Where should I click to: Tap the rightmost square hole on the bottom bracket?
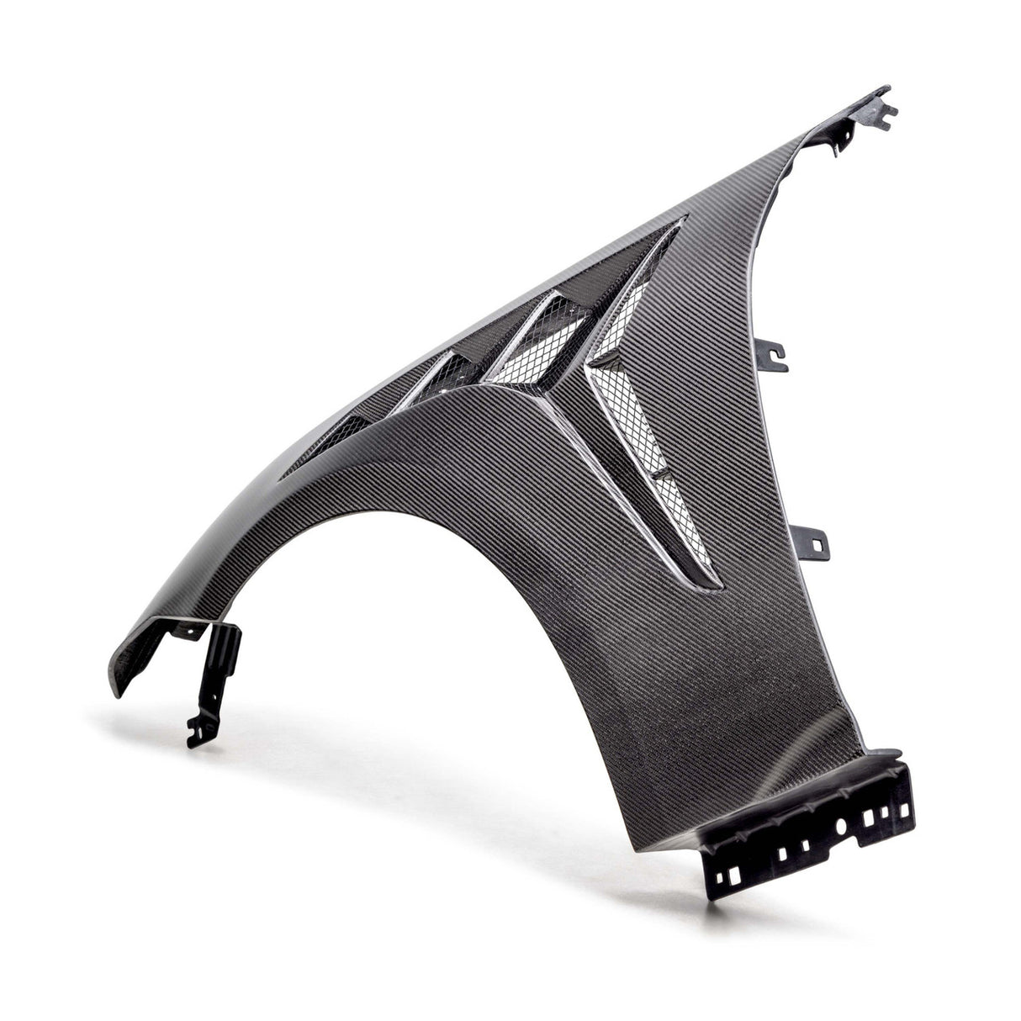click(904, 812)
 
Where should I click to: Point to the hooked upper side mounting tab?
click(775, 355)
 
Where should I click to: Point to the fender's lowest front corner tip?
click(113, 691)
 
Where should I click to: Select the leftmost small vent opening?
click(336, 433)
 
